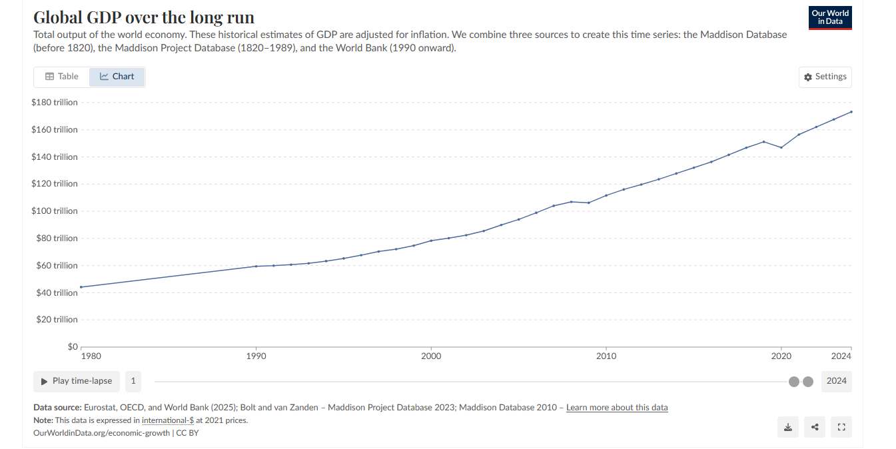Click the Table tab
click(62, 77)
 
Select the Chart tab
click(117, 77)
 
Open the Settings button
click(825, 77)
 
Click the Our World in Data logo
click(830, 17)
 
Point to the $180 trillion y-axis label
click(55, 103)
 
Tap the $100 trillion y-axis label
click(55, 211)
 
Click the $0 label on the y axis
click(72, 346)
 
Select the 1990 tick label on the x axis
click(256, 356)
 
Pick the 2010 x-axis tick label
click(606, 356)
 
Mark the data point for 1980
click(81, 287)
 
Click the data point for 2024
click(851, 112)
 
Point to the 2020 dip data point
click(781, 147)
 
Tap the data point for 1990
click(256, 266)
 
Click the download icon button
click(788, 427)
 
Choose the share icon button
click(815, 427)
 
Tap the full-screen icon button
click(841, 427)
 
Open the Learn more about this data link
click(617, 408)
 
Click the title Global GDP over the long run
click(144, 17)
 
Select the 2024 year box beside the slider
click(836, 381)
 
